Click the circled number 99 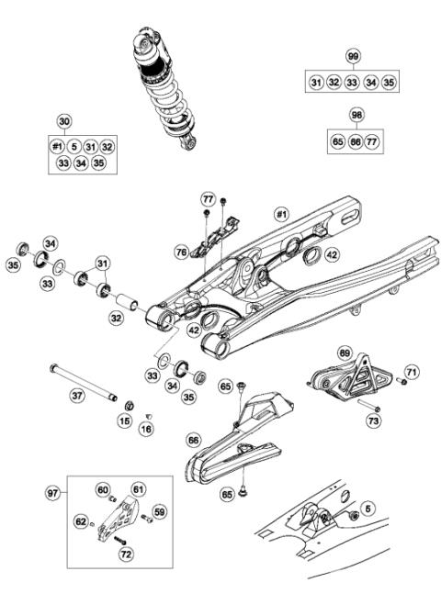tap(352, 57)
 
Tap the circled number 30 tap(63, 121)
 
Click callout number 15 tap(125, 420)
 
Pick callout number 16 tap(146, 428)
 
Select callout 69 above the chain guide tap(345, 353)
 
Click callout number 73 tap(373, 420)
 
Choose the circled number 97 tap(54, 493)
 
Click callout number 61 tap(139, 489)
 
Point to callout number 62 tap(81, 522)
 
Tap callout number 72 tap(126, 554)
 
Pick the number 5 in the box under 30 tap(73, 145)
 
